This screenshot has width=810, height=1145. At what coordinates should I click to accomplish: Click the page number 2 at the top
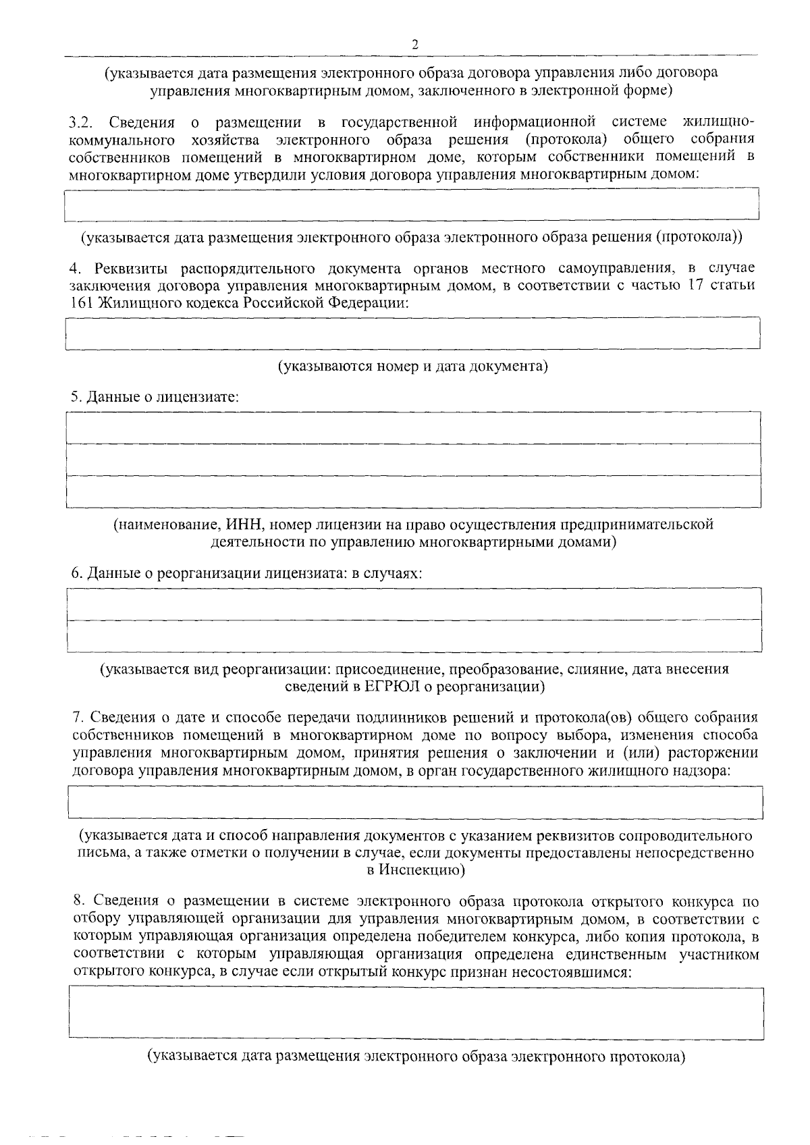pyautogui.click(x=414, y=45)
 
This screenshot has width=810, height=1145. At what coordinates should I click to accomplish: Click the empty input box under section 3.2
pyautogui.click(x=412, y=205)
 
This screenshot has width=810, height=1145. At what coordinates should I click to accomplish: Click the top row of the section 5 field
pyautogui.click(x=413, y=427)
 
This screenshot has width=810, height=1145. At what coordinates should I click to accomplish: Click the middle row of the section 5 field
pyautogui.click(x=413, y=460)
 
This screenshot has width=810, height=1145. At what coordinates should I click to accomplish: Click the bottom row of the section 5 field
pyautogui.click(x=413, y=491)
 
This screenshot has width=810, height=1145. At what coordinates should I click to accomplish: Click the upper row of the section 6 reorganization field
pyautogui.click(x=414, y=604)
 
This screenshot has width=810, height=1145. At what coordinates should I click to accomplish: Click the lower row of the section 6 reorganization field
pyautogui.click(x=414, y=636)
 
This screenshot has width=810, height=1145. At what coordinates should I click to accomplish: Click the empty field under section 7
pyautogui.click(x=415, y=802)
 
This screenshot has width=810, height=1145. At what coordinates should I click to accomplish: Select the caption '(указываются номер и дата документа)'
pyautogui.click(x=413, y=367)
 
